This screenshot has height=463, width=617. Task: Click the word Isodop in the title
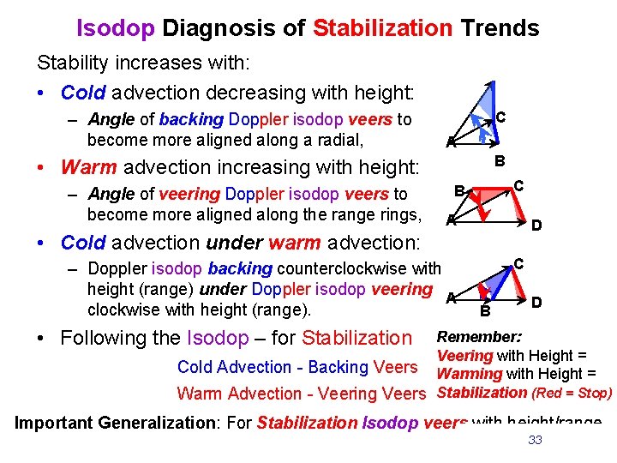(116, 28)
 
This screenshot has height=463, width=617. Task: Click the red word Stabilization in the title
(382, 28)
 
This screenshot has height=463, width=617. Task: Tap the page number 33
(536, 440)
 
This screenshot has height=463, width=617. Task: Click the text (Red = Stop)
(572, 393)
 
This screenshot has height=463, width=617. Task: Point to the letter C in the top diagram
(500, 116)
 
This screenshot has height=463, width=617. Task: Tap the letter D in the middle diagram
(536, 226)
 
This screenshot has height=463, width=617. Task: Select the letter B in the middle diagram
(458, 190)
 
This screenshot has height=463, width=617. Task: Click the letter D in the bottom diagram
(536, 302)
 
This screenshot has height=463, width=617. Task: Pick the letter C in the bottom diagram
(518, 265)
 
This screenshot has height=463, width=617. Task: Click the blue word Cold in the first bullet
(83, 92)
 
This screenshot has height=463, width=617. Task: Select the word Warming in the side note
(470, 374)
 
